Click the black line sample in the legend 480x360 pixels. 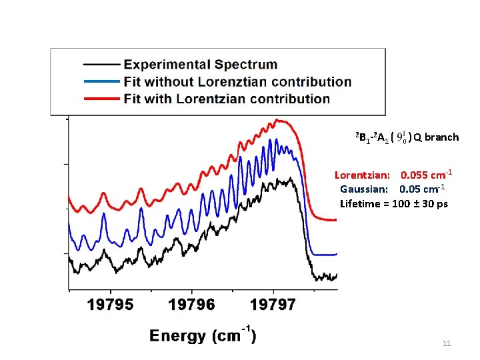[x=101, y=65]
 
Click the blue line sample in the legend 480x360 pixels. [x=101, y=82]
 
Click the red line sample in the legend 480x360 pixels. [x=101, y=99]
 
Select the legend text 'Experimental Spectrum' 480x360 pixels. [x=201, y=65]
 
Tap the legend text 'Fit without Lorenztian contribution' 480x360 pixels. [x=237, y=82]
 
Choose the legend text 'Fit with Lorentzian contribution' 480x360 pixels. [x=227, y=99]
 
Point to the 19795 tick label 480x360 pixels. [x=111, y=305]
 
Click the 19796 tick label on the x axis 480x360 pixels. [x=191, y=305]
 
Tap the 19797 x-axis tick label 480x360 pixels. [x=273, y=305]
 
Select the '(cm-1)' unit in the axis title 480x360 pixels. [x=233, y=335]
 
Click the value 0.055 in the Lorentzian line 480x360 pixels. [x=414, y=175]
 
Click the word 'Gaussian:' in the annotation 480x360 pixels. [x=365, y=189]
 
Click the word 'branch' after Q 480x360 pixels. [x=441, y=137]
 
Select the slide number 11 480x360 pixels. [x=447, y=343]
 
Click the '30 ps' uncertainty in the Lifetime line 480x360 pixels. [x=434, y=203]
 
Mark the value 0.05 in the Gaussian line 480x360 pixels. [x=410, y=189]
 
